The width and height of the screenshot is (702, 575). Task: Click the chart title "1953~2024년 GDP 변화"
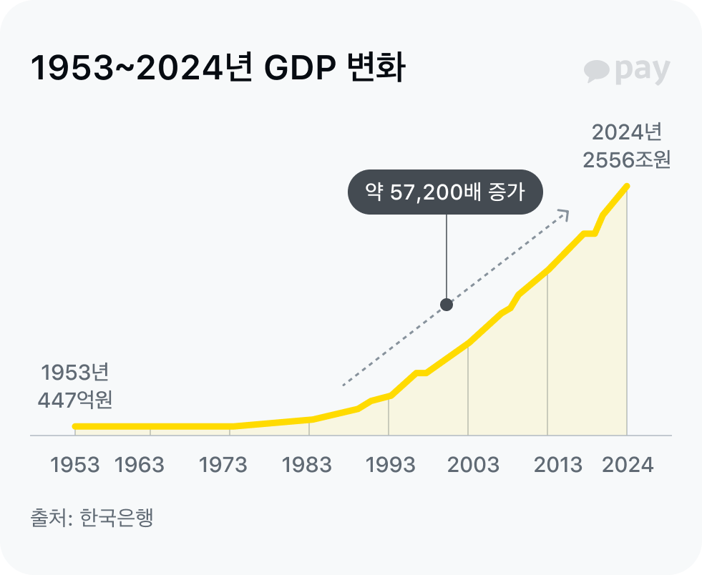click(x=218, y=70)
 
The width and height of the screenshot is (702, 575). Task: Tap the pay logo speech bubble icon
click(x=596, y=71)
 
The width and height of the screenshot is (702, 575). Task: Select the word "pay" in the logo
click(x=642, y=71)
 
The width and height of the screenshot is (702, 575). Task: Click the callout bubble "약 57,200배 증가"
click(x=445, y=192)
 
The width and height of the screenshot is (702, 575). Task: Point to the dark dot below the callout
click(x=447, y=305)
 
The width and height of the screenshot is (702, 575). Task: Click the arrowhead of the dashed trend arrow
click(x=565, y=213)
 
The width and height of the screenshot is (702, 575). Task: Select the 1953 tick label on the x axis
click(x=75, y=465)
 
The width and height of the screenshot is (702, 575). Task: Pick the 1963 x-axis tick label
click(x=140, y=465)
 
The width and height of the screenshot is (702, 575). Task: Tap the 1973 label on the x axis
click(x=223, y=465)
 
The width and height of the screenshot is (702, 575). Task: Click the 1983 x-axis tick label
click(x=307, y=465)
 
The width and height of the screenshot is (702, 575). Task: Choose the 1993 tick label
click(x=391, y=465)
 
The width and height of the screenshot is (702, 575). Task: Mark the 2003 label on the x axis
click(x=473, y=465)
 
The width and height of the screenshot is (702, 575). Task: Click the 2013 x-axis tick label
click(x=558, y=465)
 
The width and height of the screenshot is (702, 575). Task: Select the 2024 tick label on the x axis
click(x=628, y=465)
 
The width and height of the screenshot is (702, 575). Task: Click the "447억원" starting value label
click(x=75, y=400)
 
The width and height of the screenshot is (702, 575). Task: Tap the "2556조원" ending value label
click(x=626, y=159)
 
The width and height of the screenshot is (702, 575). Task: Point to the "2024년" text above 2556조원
click(x=627, y=133)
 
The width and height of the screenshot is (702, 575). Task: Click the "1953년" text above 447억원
click(x=75, y=373)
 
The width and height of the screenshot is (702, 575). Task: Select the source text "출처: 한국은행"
click(x=92, y=517)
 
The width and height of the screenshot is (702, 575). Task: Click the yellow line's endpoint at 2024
click(x=627, y=186)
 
